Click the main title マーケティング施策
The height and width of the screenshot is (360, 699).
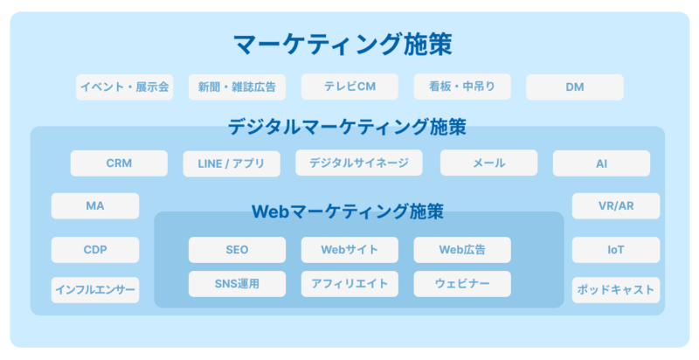(x=343, y=44)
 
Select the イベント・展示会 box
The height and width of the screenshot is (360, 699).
(x=125, y=87)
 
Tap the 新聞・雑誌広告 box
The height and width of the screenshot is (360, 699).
(x=237, y=87)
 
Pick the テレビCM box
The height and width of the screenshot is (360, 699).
(x=350, y=87)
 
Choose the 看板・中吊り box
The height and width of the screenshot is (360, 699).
(x=462, y=87)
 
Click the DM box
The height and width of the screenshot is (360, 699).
(x=575, y=87)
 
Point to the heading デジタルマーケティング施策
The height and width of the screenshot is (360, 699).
(x=347, y=127)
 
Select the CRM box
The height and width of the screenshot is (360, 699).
(x=119, y=163)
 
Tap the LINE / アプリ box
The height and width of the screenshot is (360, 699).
(x=232, y=163)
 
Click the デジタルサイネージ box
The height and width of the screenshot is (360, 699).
(x=359, y=163)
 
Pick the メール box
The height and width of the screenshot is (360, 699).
(x=489, y=163)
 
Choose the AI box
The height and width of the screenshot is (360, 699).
(x=602, y=163)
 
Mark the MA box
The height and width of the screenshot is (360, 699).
(x=95, y=206)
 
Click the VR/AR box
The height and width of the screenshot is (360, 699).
(x=616, y=206)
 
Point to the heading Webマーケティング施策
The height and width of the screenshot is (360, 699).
(x=348, y=211)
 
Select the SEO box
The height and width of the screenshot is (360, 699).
(x=237, y=250)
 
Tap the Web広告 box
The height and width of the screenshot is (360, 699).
(x=462, y=250)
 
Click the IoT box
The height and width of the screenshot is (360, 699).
(x=616, y=250)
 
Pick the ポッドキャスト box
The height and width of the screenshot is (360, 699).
(x=616, y=290)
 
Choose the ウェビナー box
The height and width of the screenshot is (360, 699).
(x=462, y=284)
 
